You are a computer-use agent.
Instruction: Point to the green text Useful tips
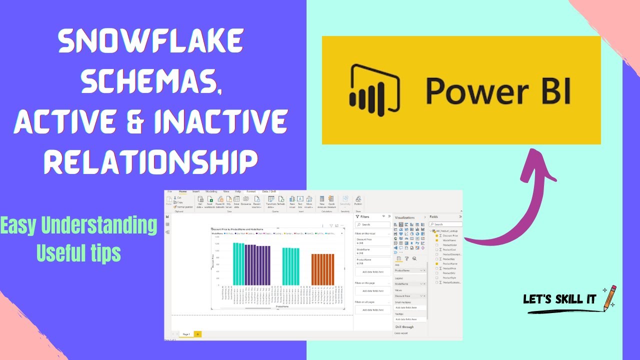pos(78,253)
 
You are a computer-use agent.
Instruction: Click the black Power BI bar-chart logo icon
pos(374,88)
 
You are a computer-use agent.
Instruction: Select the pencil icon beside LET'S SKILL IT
pos(610,298)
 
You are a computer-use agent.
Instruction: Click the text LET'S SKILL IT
pos(559,299)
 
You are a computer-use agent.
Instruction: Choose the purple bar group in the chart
pos(257,264)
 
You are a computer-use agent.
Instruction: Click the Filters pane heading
pos(365,216)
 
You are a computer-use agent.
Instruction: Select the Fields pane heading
pos(434,216)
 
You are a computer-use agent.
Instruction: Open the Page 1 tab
pos(186,333)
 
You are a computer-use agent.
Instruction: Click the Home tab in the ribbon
pos(183,191)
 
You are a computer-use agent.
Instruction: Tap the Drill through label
pos(404,326)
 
